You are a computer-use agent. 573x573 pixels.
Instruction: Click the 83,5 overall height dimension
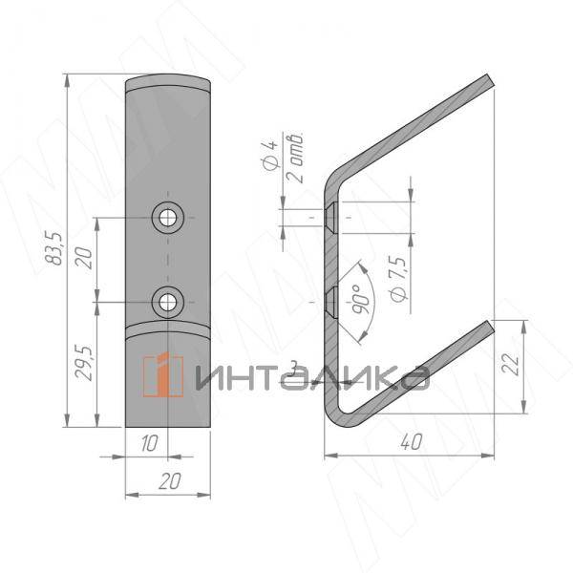point(53,248)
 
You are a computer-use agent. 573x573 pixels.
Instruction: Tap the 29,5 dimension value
point(83,363)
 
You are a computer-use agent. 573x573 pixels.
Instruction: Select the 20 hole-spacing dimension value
point(83,258)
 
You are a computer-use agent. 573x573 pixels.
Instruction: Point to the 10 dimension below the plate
point(150,442)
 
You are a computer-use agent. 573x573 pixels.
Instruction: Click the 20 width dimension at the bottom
point(170,481)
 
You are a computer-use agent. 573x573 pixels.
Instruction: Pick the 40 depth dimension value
point(411,442)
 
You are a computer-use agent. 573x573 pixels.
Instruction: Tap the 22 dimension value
point(510,364)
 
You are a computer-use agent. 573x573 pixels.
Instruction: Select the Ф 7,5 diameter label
point(398,279)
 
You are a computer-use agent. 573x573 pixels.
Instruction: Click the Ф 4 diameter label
point(270,154)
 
